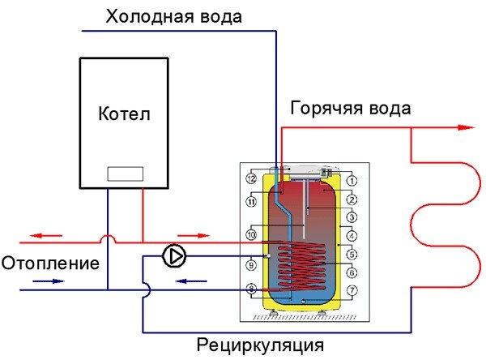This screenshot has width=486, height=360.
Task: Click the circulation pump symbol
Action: (174, 256)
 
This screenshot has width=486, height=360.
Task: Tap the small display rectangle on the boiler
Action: (125, 174)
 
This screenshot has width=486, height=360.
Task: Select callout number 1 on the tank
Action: (352, 180)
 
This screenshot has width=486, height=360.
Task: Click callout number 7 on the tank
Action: (352, 289)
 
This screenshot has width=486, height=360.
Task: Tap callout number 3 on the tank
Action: (352, 217)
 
